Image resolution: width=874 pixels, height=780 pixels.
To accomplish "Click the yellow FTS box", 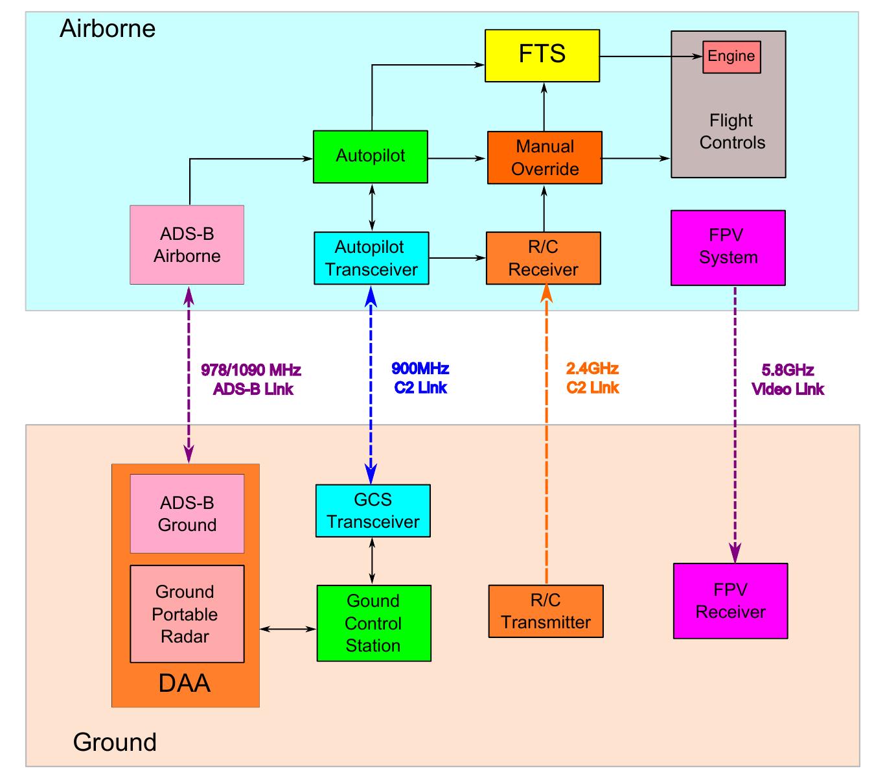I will click(x=542, y=55).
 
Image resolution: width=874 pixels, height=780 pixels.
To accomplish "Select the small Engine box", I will click(x=731, y=56).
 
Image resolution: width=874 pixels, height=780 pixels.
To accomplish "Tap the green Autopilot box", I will click(x=371, y=156).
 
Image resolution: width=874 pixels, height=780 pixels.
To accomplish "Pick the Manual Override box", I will click(x=544, y=158).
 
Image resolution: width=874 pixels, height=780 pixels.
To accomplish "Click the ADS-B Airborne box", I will click(x=187, y=245).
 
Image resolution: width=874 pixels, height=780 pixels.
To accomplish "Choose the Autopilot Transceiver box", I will click(x=371, y=258).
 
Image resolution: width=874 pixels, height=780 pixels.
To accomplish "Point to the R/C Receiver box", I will click(x=543, y=258).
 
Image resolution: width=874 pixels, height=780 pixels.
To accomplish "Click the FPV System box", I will click(x=728, y=247).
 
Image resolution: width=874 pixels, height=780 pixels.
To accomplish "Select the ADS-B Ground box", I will click(x=187, y=514).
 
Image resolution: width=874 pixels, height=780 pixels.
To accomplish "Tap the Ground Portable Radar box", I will click(x=187, y=613).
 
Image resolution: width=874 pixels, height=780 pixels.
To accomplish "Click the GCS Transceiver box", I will click(x=373, y=510).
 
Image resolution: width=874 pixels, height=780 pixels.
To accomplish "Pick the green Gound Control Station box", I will click(x=373, y=623).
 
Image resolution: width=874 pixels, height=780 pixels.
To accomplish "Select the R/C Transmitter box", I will click(x=546, y=611).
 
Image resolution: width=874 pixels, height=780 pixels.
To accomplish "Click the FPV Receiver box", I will click(x=730, y=601).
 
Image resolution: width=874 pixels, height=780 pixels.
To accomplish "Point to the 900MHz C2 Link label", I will click(x=420, y=378).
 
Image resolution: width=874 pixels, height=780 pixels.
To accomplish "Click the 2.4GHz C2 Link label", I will click(x=592, y=378).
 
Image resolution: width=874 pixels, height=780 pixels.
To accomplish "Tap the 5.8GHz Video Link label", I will click(x=787, y=380).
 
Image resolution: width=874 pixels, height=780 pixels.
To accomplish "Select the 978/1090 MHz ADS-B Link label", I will click(x=252, y=380).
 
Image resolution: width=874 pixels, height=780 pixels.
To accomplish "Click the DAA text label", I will click(x=185, y=684).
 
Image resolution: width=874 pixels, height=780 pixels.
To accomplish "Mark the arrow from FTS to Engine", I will click(x=650, y=56).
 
